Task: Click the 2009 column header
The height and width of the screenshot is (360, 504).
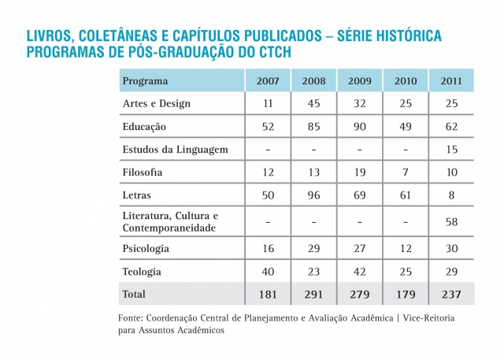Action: point(360,81)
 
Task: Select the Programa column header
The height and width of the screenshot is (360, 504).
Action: point(146,81)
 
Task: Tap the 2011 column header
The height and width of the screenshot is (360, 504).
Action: point(451,81)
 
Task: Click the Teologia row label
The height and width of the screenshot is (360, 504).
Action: point(143,271)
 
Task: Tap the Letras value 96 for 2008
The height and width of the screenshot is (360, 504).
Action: point(314,194)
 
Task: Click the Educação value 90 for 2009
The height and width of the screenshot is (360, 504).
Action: point(360,126)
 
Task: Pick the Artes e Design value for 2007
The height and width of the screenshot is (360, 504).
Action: point(269,104)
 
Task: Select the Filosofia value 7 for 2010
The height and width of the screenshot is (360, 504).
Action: point(406,171)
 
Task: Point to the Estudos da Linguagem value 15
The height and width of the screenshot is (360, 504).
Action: point(451,149)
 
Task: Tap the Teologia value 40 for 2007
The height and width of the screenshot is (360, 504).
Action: point(269,271)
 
